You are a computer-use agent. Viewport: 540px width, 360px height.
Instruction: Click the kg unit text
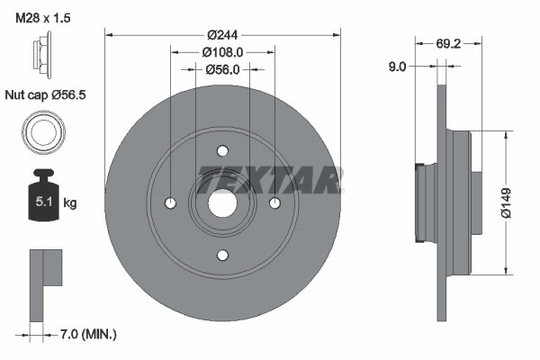click(x=70, y=203)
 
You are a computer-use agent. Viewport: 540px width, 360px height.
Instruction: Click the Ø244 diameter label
click(x=220, y=35)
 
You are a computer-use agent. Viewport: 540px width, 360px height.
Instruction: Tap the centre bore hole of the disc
click(x=222, y=203)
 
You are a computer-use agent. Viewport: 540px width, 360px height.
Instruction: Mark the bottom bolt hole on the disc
click(x=222, y=255)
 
